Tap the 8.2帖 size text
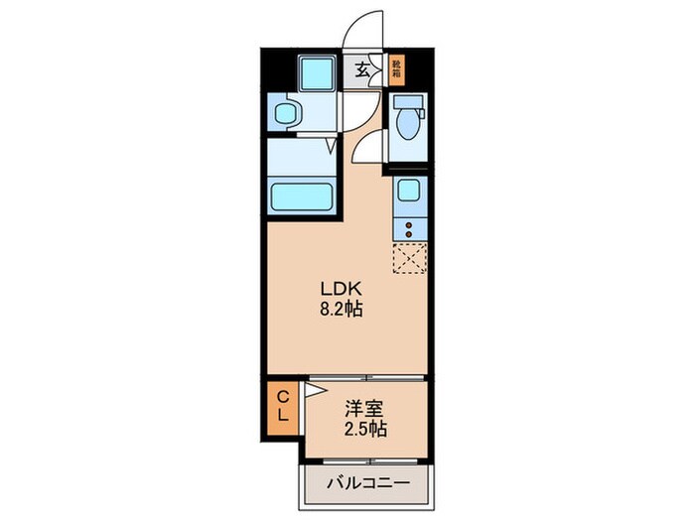coord(341,309)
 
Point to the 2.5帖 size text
coord(366,430)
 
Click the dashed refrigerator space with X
coord(408,258)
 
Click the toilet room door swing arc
coord(369,149)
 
